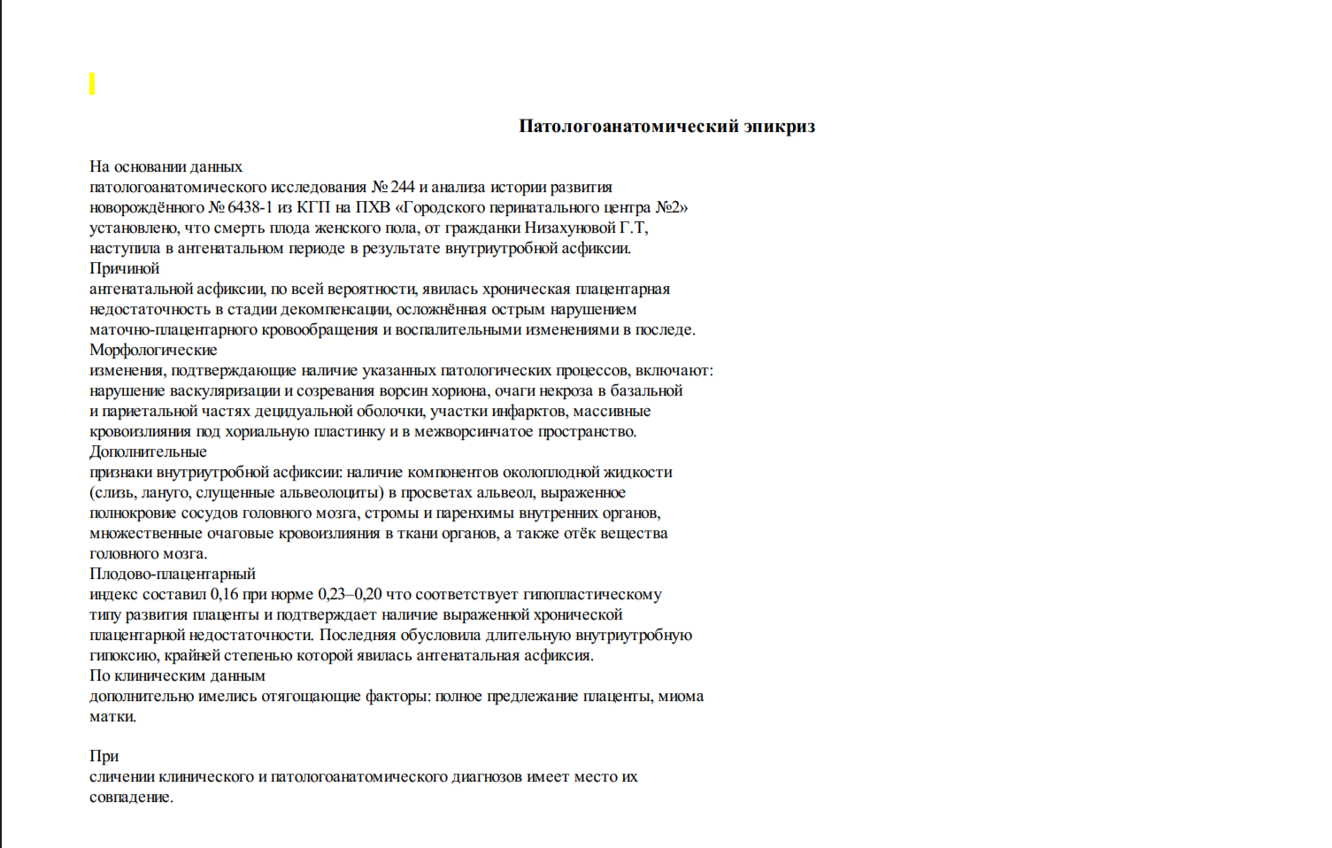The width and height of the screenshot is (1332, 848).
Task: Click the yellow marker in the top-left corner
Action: [92, 84]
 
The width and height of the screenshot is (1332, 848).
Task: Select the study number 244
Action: [403, 187]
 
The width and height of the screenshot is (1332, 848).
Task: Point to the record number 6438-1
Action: [250, 207]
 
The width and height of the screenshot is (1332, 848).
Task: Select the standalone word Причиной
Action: [124, 268]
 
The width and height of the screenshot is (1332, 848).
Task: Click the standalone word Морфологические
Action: [153, 350]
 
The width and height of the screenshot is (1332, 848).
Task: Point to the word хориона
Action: [459, 390]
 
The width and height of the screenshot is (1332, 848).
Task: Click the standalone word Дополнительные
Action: [148, 451]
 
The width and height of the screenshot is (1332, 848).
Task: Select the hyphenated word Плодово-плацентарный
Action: [173, 574]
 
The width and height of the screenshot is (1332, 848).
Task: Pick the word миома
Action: [681, 696]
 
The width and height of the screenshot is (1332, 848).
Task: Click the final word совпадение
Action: [131, 797]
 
